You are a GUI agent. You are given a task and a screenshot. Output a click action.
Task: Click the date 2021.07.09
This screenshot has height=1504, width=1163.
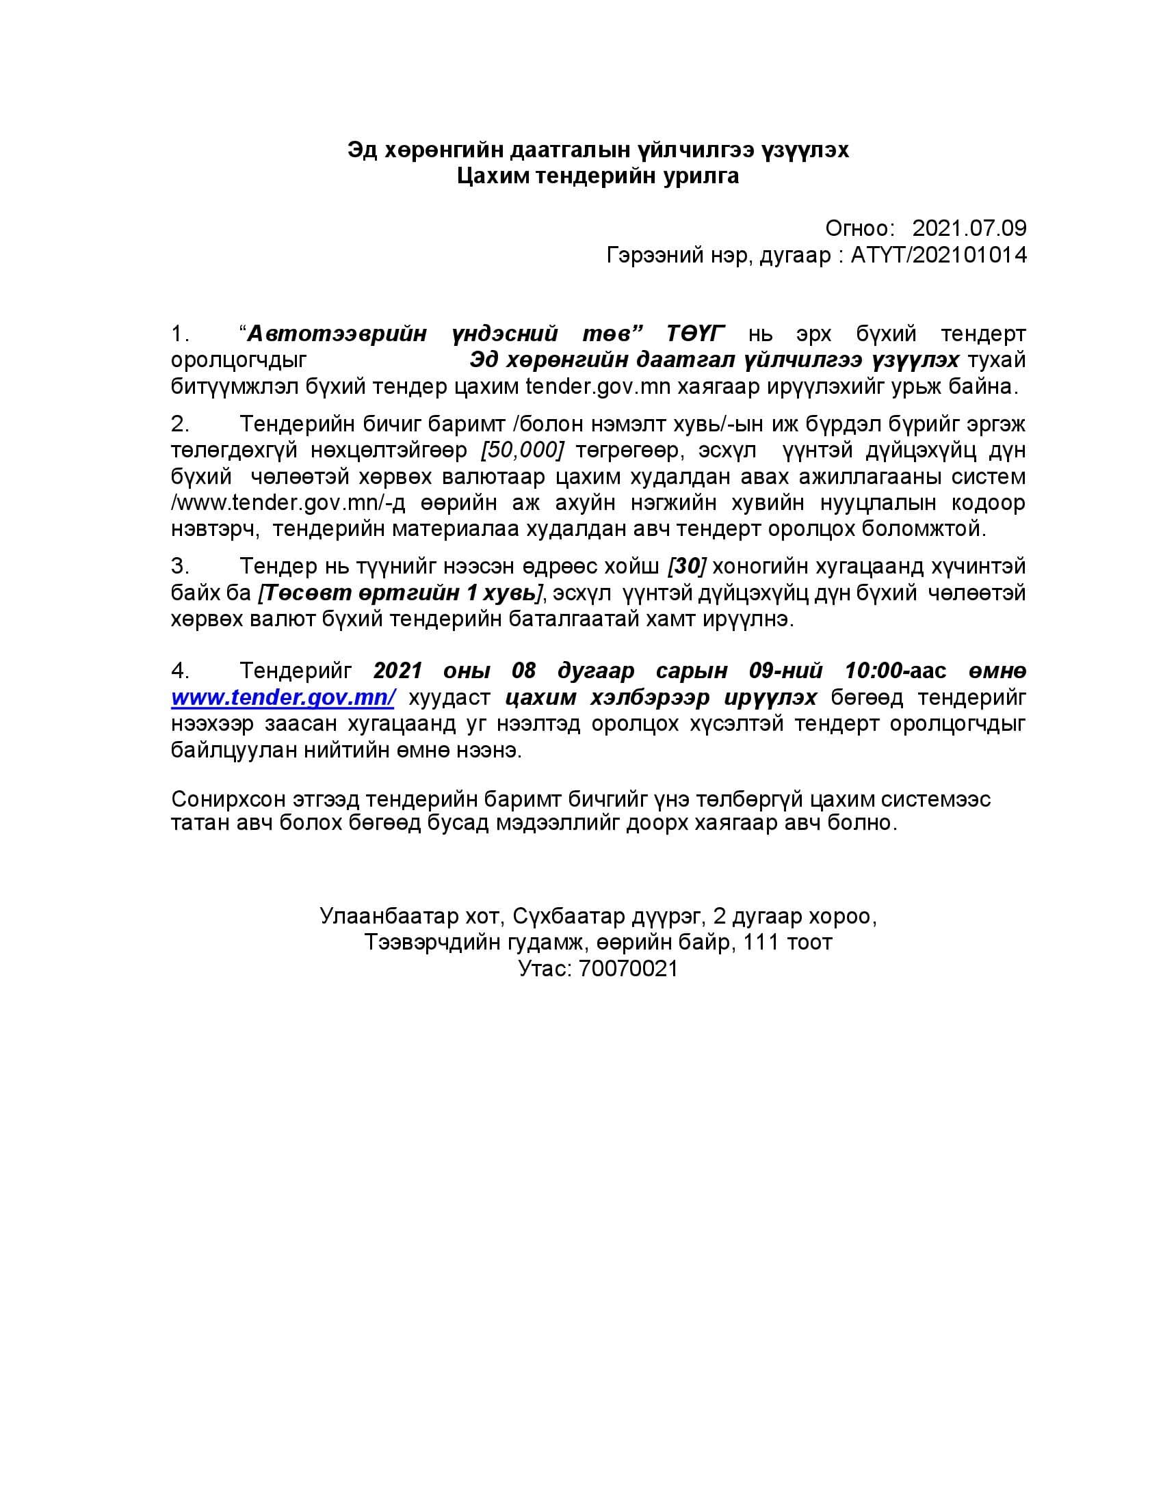click(x=969, y=228)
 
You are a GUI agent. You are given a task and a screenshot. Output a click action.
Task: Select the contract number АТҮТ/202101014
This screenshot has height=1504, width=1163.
click(x=939, y=256)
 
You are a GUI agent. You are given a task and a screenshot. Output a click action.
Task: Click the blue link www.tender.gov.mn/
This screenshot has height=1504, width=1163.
click(x=283, y=697)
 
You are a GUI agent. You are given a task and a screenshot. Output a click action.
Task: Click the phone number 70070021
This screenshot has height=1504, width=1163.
click(x=628, y=969)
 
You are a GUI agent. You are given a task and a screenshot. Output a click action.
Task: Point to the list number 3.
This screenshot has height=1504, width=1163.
click(x=180, y=567)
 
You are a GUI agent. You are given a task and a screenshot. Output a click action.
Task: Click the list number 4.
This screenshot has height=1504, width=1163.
click(x=180, y=671)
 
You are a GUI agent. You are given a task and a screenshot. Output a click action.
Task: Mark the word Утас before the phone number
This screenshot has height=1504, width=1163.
click(x=545, y=969)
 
